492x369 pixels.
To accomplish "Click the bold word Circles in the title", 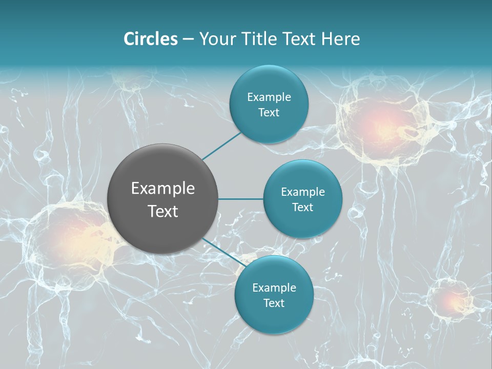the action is click(x=151, y=39).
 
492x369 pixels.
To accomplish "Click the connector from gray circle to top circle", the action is click(x=223, y=146).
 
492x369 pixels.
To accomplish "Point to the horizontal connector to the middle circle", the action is click(x=241, y=199).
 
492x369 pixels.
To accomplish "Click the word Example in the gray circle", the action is click(x=163, y=189).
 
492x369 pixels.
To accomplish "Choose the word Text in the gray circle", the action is click(x=163, y=211).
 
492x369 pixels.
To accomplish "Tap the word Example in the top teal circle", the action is click(x=269, y=97).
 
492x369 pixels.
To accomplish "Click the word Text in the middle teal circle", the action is click(x=302, y=207).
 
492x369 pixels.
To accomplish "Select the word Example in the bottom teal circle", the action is click(x=274, y=288).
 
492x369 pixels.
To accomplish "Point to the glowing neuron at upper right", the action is click(x=382, y=126).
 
